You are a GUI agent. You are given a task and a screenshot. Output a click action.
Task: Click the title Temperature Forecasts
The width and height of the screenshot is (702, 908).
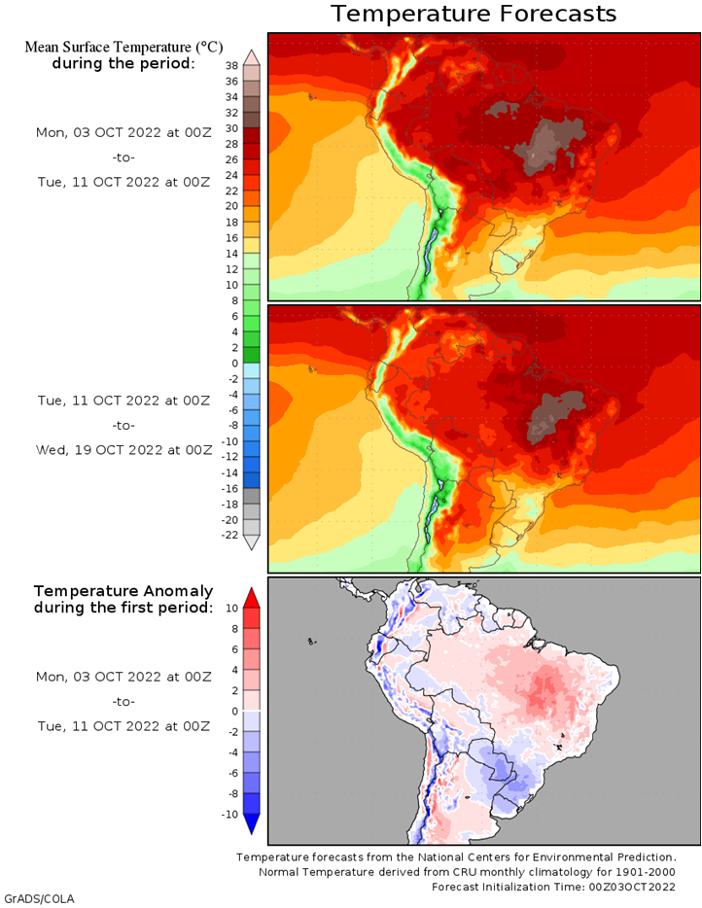474,14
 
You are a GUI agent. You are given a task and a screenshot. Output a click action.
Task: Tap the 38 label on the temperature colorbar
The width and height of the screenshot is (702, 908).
231,66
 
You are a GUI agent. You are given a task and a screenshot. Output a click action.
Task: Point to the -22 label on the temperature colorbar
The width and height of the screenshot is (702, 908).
229,535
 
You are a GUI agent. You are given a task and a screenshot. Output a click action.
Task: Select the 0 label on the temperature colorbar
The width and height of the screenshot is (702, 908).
234,364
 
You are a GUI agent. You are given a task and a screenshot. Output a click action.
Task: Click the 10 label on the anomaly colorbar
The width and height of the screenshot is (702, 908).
231,608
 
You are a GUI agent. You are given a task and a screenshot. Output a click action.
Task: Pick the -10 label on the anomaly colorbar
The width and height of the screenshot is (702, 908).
229,815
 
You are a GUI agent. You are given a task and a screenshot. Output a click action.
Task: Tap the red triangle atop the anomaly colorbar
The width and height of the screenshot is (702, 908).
252,598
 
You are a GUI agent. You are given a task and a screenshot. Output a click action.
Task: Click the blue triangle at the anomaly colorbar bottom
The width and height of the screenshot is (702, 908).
252,824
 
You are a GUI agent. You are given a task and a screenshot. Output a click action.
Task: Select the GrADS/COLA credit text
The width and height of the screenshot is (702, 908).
40,898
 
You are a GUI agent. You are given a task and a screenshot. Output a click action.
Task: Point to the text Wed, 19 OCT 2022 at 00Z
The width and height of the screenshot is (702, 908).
123,450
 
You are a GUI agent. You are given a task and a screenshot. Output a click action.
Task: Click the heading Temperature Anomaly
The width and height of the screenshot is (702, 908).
123,591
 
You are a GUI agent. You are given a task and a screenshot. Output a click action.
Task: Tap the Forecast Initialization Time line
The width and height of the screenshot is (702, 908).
553,887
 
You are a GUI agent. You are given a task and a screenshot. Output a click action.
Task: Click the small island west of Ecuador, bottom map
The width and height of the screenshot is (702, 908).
312,642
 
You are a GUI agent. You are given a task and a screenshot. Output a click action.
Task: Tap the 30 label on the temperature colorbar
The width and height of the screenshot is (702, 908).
231,128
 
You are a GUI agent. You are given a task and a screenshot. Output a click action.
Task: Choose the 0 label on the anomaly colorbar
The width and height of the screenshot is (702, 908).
234,711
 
